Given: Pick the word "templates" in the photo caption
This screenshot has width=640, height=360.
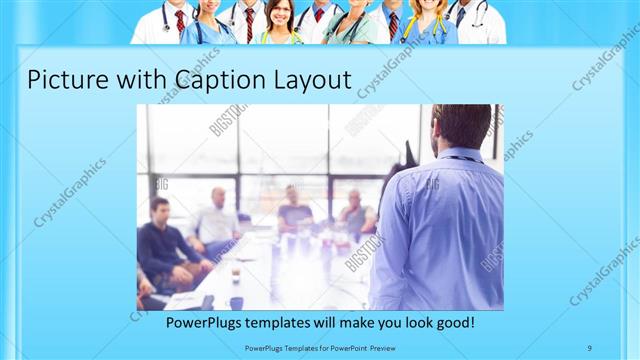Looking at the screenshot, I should [286, 324].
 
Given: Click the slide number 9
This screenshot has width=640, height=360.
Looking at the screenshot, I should [590, 347].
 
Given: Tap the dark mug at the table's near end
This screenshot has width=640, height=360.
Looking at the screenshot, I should [236, 301].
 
